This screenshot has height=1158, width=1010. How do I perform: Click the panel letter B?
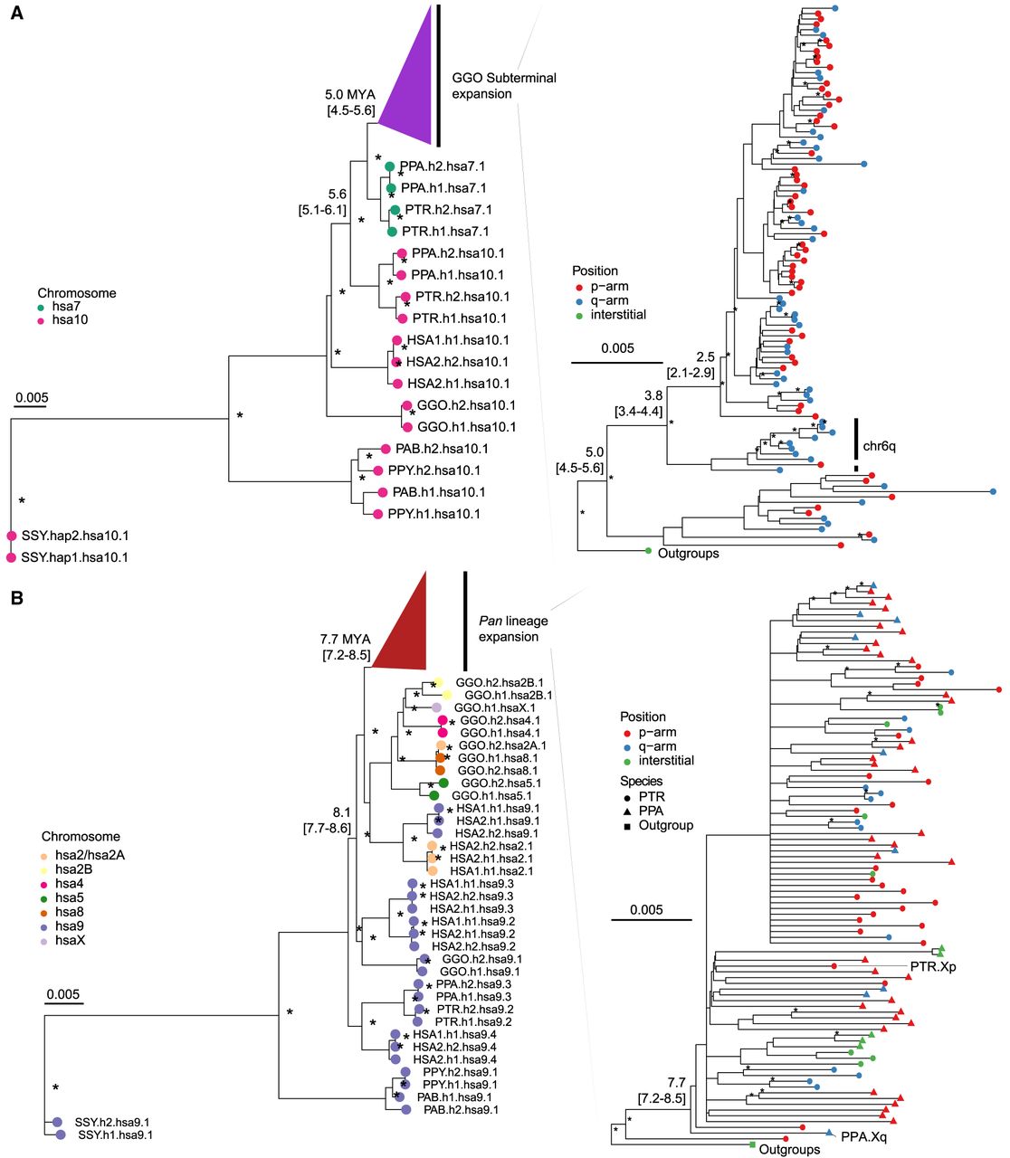(16, 598)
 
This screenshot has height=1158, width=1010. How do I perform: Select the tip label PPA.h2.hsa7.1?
(443, 166)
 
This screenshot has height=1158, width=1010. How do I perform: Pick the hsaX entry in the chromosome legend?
(71, 941)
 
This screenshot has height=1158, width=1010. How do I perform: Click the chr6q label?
(879, 447)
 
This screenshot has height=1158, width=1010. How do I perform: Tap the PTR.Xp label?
(933, 967)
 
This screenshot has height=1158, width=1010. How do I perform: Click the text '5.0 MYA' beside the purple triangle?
(349, 94)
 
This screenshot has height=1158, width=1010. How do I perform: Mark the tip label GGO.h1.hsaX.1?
(494, 707)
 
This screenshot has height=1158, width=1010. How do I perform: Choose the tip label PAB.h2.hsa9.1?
(457, 1109)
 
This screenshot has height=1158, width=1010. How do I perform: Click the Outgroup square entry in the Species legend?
(665, 825)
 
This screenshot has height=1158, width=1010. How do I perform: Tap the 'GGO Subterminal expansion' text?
(503, 86)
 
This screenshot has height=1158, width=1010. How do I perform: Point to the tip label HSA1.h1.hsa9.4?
(454, 1035)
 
